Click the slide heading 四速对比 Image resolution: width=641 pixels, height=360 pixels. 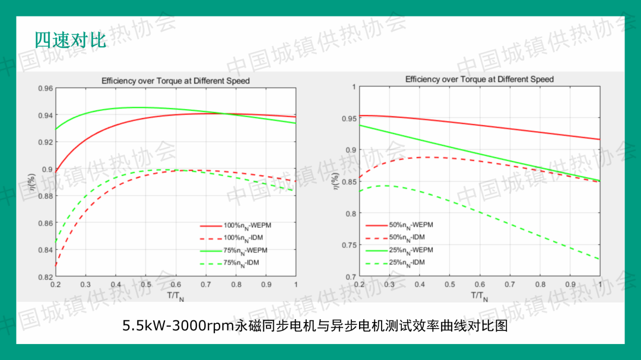click(70, 40)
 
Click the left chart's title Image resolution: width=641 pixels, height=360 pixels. click(176, 81)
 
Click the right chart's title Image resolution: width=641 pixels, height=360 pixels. click(480, 79)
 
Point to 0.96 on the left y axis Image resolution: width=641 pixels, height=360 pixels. click(46, 89)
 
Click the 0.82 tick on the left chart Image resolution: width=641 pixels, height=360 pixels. click(46, 277)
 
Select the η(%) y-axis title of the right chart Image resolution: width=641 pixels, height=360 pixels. click(335, 181)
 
